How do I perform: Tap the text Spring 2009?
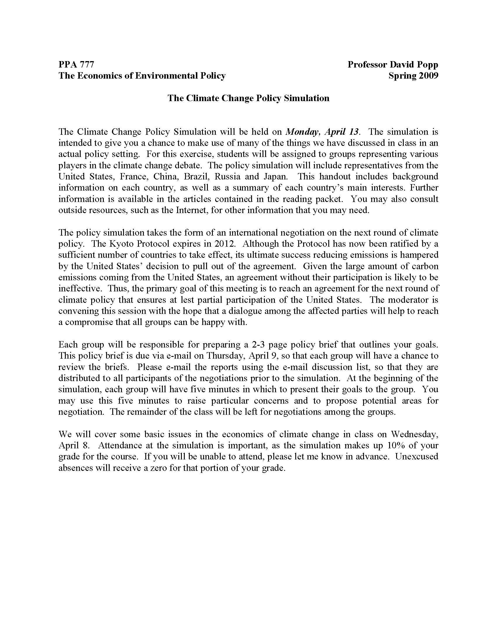(x=413, y=76)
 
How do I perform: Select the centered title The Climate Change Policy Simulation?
(x=248, y=98)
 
